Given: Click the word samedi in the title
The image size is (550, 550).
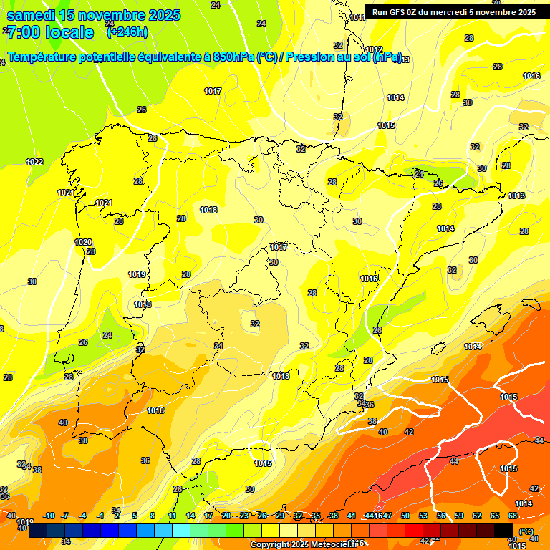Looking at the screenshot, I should click(x=31, y=15).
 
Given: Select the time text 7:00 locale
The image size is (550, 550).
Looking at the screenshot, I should click(x=50, y=32).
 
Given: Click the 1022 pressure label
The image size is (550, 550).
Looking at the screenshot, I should click(x=34, y=162).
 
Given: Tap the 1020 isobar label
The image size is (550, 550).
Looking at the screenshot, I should click(x=83, y=242).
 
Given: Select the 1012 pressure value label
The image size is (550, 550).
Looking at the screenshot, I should click(x=373, y=49).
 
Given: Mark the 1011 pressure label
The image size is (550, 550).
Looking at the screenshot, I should click(x=357, y=17).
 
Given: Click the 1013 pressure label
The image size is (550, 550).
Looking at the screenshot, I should click(x=516, y=196).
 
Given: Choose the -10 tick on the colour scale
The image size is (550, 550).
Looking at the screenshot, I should click(x=49, y=516).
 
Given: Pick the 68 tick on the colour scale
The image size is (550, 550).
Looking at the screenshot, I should click(x=513, y=516).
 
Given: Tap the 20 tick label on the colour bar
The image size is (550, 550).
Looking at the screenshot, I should click(x=226, y=516).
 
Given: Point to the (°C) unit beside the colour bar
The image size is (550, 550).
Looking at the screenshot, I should click(x=526, y=531).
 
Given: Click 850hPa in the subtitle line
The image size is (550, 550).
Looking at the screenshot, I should click(x=233, y=57).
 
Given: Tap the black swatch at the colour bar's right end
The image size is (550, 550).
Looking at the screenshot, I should click(x=503, y=530).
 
